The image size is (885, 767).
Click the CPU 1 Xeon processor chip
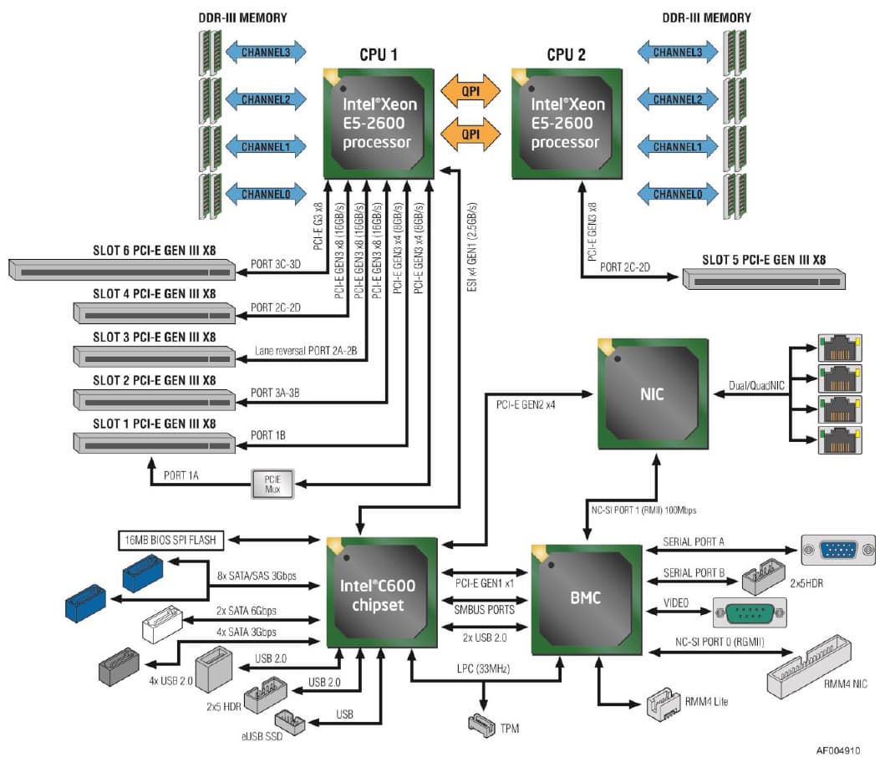tap(379, 123)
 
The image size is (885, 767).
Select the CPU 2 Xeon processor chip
tap(567, 123)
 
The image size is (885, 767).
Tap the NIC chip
tap(651, 394)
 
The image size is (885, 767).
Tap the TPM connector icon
tap(484, 724)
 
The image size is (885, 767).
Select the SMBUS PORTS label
tap(484, 609)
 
